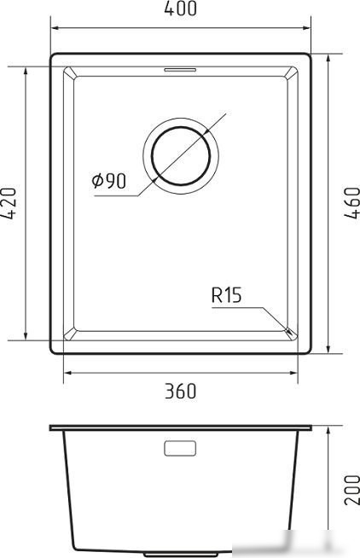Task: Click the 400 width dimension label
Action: (x=180, y=9)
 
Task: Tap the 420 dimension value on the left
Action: (x=9, y=203)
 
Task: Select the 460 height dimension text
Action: (x=352, y=203)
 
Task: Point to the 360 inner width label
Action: (x=180, y=391)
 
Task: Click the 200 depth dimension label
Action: (x=352, y=490)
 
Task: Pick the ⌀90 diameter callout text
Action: (x=109, y=181)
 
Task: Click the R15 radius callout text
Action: (x=227, y=295)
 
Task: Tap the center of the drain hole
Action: (x=181, y=156)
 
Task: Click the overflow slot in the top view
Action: (x=180, y=69)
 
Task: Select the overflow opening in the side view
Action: (x=180, y=449)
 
